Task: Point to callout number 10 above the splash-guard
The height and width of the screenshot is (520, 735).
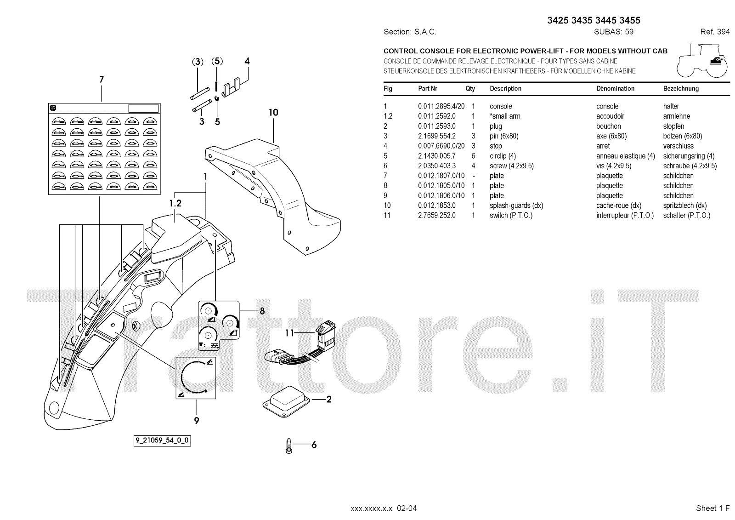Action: pyautogui.click(x=273, y=113)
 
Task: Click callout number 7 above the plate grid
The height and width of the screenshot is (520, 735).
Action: pyautogui.click(x=102, y=80)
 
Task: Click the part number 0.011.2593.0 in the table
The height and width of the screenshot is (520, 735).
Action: pyautogui.click(x=436, y=126)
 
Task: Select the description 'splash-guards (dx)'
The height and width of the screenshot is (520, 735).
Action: pyautogui.click(x=516, y=206)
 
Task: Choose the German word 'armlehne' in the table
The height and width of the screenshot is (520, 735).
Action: pyautogui.click(x=676, y=116)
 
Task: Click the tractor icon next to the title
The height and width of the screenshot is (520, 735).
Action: pyautogui.click(x=702, y=60)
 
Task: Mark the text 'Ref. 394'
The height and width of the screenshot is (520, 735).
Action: pyautogui.click(x=715, y=32)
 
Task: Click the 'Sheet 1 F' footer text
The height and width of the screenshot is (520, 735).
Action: pyautogui.click(x=712, y=508)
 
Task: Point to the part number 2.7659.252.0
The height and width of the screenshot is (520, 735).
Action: pyautogui.click(x=436, y=215)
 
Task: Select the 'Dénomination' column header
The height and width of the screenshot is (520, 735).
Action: pyautogui.click(x=615, y=89)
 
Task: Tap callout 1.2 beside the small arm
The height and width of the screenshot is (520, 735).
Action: pyautogui.click(x=175, y=203)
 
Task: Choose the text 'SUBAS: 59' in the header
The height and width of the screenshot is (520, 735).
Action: pyautogui.click(x=613, y=32)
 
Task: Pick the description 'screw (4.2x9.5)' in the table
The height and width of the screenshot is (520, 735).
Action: pyautogui.click(x=511, y=166)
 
